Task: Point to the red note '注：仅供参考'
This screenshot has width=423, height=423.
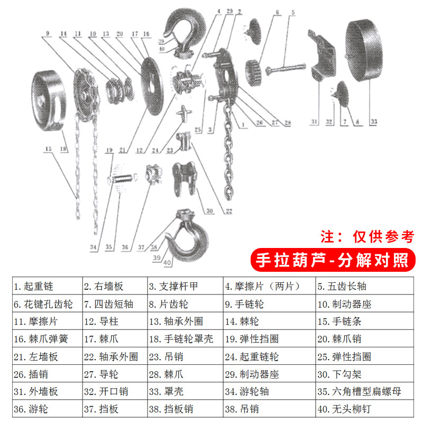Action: (367, 236)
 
